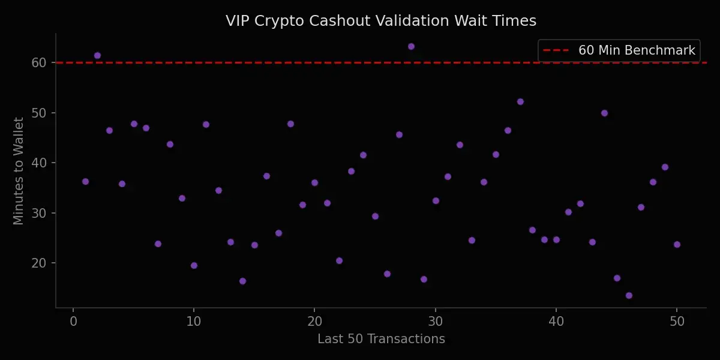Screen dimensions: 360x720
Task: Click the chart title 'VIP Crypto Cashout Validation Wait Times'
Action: click(x=381, y=21)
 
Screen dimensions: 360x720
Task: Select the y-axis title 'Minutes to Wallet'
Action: click(x=19, y=171)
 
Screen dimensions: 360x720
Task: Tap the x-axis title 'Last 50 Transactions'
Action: click(x=381, y=339)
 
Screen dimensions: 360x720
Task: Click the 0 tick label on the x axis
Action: click(x=73, y=322)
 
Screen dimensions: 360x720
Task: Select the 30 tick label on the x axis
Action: click(x=435, y=322)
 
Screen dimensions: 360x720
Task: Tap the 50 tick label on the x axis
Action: click(x=677, y=322)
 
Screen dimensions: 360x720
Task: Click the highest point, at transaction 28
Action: click(x=411, y=46)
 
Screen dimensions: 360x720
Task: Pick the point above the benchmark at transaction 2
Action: click(x=97, y=55)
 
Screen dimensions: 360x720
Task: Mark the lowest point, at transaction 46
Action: click(x=629, y=295)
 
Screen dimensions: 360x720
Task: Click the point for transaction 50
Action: click(x=677, y=244)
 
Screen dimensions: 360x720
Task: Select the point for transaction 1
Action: click(x=85, y=181)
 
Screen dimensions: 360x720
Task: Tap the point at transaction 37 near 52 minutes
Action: click(x=520, y=101)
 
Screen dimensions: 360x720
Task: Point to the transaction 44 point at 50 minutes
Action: click(x=604, y=113)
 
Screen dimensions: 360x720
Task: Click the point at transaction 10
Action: click(x=194, y=265)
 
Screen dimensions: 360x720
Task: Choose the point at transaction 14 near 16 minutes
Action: click(x=242, y=281)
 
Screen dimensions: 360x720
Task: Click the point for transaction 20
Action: click(x=314, y=182)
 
